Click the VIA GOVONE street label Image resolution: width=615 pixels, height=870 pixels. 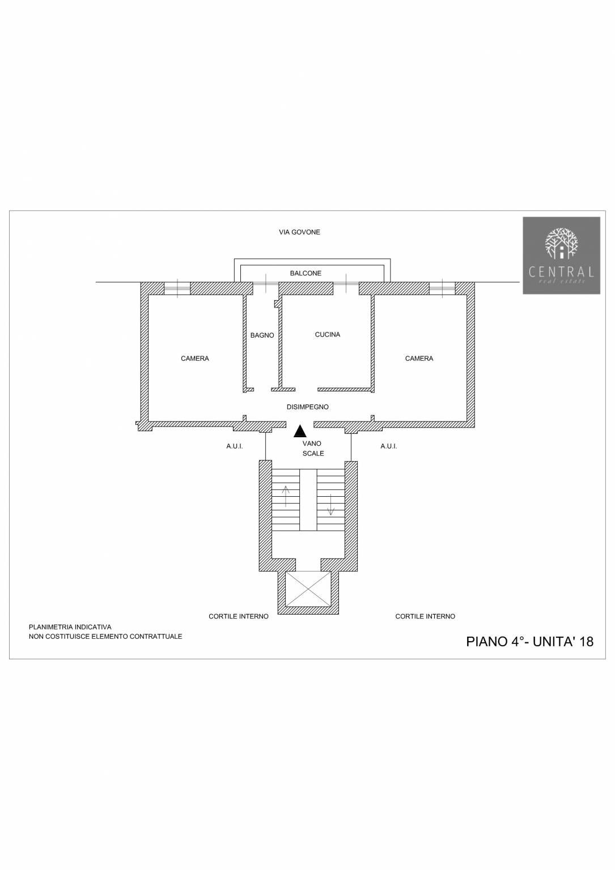point(299,232)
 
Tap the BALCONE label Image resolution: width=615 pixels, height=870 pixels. point(306,274)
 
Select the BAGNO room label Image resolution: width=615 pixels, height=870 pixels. point(262,335)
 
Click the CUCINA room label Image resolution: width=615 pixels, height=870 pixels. point(327,334)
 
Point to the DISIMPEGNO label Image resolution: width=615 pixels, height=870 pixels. point(307,407)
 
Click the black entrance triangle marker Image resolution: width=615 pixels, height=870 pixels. point(300,432)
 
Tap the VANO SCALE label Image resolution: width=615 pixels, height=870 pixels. point(312,448)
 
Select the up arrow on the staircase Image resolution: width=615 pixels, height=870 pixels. point(286,496)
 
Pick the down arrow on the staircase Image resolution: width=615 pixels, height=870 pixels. point(331,505)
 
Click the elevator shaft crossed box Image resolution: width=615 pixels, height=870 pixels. point(308,589)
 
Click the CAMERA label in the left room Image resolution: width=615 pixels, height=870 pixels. point(195,359)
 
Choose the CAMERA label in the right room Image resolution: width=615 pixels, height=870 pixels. point(419,359)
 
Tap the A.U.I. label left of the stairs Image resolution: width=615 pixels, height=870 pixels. point(235,447)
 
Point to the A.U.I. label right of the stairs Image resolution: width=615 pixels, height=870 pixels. point(389,447)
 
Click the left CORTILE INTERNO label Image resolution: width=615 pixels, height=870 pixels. point(238,616)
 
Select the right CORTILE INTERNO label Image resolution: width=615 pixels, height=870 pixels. point(425,616)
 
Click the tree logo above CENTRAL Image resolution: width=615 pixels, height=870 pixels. point(561,244)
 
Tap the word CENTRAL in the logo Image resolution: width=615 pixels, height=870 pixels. point(561,271)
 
